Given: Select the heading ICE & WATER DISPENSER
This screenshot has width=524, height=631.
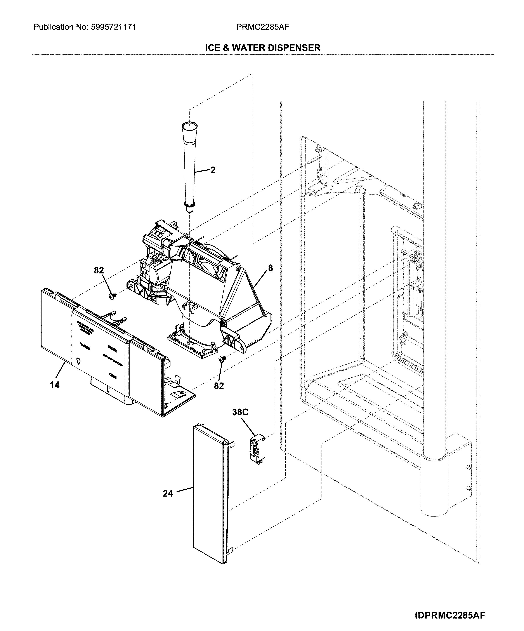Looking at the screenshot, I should (x=263, y=48).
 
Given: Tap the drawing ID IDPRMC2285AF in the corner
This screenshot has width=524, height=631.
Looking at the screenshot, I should (x=450, y=613).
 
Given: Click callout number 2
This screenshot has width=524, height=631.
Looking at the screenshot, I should (x=213, y=170).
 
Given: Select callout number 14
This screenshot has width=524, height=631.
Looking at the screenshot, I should (x=55, y=385).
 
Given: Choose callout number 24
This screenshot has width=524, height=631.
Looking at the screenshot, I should (x=168, y=493).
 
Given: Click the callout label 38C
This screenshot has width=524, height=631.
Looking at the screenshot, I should (x=240, y=412).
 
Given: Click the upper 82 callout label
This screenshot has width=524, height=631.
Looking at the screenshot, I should (x=99, y=270).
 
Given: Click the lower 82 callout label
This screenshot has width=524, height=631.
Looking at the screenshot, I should (x=219, y=386).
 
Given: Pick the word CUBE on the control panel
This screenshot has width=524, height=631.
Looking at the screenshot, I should (x=113, y=375).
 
